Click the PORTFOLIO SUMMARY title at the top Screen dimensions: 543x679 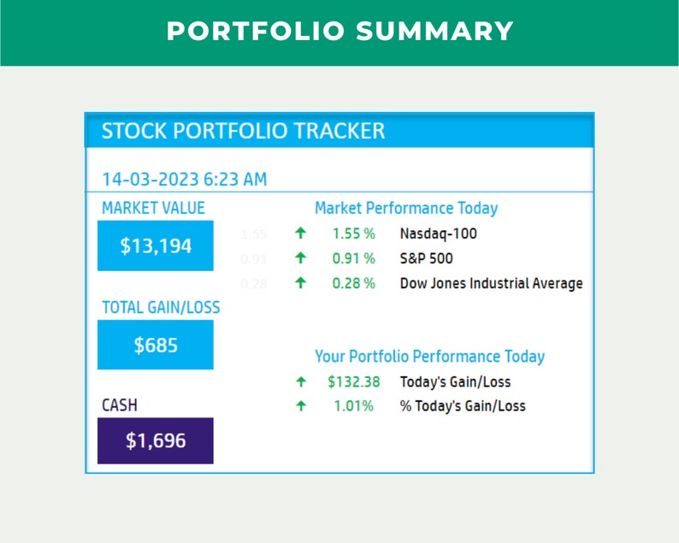(x=339, y=32)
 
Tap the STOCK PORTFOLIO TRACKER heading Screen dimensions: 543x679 (x=243, y=132)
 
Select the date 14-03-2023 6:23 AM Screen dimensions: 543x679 (x=184, y=180)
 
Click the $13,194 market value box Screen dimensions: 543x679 (x=156, y=246)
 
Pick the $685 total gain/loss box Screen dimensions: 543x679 (x=156, y=345)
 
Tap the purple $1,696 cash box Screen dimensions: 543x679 (x=156, y=441)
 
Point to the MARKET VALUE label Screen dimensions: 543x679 (x=153, y=208)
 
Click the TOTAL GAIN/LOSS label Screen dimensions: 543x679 (x=161, y=307)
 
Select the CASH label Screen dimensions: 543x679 (x=120, y=405)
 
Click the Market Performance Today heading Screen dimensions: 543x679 (x=405, y=208)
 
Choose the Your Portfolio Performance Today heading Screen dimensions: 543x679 (x=429, y=357)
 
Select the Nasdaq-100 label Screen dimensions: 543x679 (x=438, y=233)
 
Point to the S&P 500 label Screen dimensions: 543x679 (x=426, y=258)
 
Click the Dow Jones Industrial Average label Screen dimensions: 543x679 (x=491, y=283)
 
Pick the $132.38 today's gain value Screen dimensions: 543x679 (x=353, y=381)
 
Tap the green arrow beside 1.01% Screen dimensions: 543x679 (x=300, y=406)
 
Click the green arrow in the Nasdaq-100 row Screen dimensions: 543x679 (x=300, y=233)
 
